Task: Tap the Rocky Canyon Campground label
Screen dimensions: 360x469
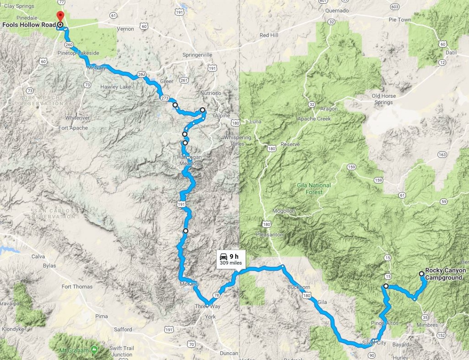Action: tap(445, 274)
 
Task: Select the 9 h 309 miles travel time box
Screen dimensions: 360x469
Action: tap(230, 259)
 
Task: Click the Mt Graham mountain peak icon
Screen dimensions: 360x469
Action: tap(94, 350)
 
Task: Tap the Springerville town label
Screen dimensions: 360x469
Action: tap(197, 55)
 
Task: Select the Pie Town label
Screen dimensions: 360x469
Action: tap(400, 33)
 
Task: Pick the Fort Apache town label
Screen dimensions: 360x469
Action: tap(73, 128)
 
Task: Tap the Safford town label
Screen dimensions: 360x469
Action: tap(123, 329)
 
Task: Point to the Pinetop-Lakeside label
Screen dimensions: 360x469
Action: tap(79, 53)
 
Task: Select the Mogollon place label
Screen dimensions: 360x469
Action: tap(284, 211)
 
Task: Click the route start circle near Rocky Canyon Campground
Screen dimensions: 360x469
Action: tap(421, 273)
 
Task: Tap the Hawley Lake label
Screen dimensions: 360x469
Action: tap(116, 87)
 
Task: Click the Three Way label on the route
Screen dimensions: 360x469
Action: tap(205, 306)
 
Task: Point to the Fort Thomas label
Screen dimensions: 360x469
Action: tap(77, 287)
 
